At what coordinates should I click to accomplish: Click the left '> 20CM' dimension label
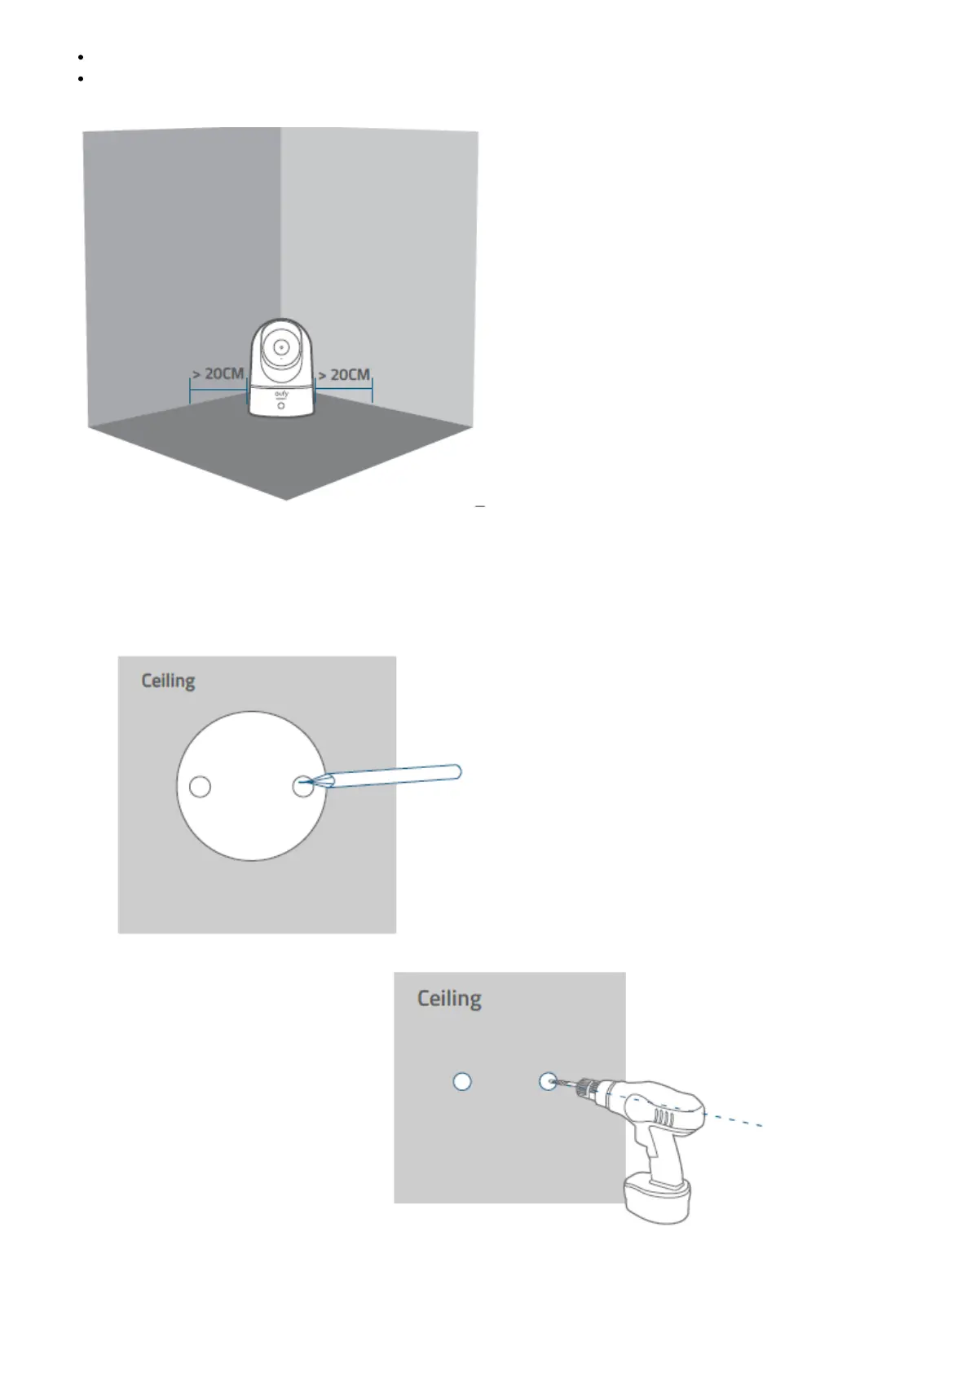click(218, 373)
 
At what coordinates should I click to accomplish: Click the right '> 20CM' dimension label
click(343, 374)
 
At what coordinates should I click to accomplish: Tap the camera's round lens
click(280, 345)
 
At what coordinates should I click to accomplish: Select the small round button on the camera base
click(281, 406)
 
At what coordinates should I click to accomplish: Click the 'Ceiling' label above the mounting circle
click(168, 680)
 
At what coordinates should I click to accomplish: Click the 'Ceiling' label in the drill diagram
click(449, 998)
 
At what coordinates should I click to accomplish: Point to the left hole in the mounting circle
click(200, 787)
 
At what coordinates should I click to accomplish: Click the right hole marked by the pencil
click(302, 787)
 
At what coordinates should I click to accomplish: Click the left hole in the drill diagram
click(462, 1081)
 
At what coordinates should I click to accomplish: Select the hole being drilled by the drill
click(548, 1081)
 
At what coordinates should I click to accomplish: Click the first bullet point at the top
click(82, 57)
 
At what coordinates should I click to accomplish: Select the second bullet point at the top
click(82, 79)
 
